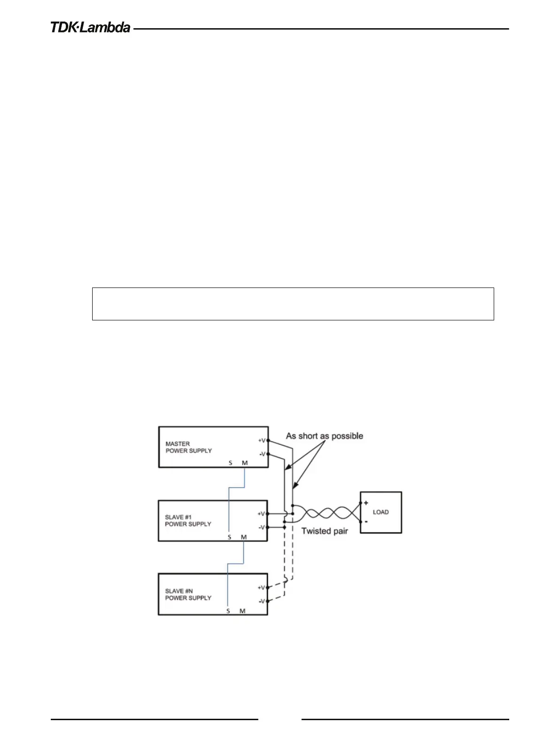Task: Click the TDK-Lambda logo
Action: pos(90,28)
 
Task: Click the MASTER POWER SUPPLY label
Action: pos(189,447)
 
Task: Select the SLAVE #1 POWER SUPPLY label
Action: pos(188,521)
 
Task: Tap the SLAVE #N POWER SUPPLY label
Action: pos(188,594)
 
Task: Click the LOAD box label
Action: pos(381,512)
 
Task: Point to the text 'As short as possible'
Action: pos(324,436)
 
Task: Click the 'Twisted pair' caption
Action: pos(324,531)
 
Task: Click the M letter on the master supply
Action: pos(245,463)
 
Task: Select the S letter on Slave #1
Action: pos(229,537)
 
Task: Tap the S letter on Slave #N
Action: pos(228,611)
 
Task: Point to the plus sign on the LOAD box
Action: pos(366,503)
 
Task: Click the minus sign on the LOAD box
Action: pos(366,521)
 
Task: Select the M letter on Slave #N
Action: pos(243,611)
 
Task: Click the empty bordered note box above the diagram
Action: pos(292,304)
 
